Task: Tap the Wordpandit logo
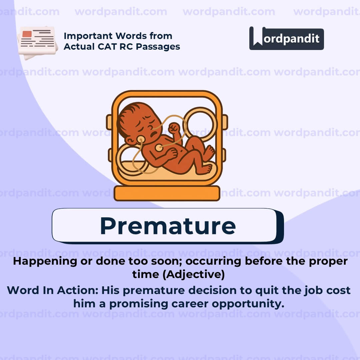(x=286, y=38)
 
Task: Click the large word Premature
(x=168, y=226)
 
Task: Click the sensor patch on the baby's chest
(x=159, y=147)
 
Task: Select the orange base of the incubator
(x=167, y=193)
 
